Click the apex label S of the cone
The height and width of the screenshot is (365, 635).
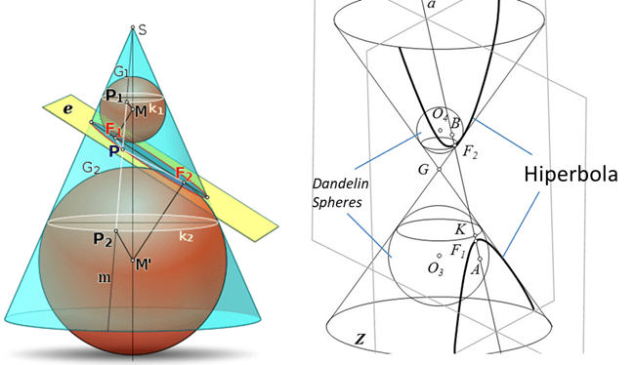click(x=143, y=30)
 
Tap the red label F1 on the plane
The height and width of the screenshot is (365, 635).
click(x=113, y=130)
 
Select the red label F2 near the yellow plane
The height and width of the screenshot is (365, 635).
click(x=184, y=174)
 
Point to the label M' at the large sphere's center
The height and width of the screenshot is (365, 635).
click(x=144, y=265)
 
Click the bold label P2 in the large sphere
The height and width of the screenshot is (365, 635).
click(x=103, y=239)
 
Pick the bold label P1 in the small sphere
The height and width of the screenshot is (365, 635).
click(x=113, y=96)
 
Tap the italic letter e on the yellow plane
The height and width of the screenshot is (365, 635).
click(x=68, y=109)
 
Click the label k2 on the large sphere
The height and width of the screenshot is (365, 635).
click(x=186, y=237)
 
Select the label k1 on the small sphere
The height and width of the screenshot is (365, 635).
click(x=156, y=109)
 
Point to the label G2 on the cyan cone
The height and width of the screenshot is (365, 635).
click(x=91, y=168)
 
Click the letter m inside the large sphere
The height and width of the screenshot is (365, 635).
click(x=105, y=278)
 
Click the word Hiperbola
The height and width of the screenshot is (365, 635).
click(x=571, y=175)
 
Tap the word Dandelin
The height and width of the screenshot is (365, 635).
click(x=340, y=183)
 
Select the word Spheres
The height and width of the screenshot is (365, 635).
click(x=336, y=202)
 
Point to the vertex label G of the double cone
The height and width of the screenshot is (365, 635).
click(x=423, y=169)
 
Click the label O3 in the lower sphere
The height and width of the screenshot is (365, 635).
click(x=436, y=268)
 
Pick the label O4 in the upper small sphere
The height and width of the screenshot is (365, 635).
click(x=440, y=114)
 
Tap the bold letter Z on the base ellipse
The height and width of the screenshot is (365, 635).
click(x=360, y=339)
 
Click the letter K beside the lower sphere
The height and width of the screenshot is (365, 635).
click(x=460, y=229)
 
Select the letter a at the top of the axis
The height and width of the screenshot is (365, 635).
click(x=432, y=5)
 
